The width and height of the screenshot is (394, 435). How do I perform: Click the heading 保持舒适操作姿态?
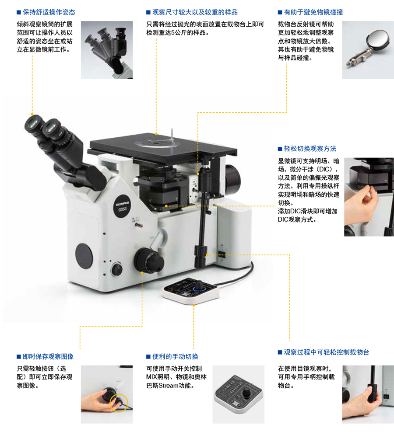tap(49, 12)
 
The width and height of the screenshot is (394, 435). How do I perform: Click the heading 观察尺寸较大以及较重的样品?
tap(195, 12)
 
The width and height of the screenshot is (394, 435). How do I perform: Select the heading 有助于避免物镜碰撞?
tap(313, 12)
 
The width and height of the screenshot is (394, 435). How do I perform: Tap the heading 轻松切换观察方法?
tap(310, 149)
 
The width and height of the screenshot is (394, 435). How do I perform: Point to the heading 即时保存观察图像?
tap(48, 356)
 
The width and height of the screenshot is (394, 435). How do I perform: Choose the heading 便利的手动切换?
tap(175, 356)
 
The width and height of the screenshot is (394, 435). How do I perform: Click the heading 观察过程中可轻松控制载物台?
tap(327, 352)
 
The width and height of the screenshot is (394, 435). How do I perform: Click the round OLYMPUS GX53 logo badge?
tap(122, 206)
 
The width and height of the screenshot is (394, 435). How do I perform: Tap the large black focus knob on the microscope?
tap(148, 261)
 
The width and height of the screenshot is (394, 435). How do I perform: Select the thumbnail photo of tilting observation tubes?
tap(107, 50)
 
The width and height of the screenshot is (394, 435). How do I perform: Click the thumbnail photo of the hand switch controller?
tap(239, 394)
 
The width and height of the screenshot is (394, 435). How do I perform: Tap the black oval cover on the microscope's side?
tap(84, 256)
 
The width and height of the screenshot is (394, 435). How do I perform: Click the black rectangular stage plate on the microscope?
tap(163, 148)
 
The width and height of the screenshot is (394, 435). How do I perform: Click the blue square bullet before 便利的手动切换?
tap(148, 357)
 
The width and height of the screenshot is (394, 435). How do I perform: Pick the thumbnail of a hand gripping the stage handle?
tap(368, 394)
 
